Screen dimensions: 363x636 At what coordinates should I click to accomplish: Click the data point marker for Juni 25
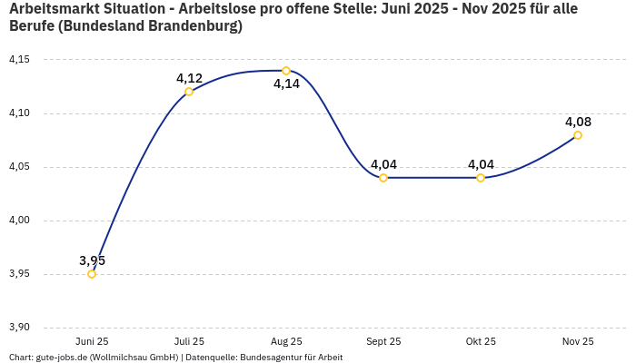tap(92, 274)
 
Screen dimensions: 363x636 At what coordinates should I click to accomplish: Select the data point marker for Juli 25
tap(189, 92)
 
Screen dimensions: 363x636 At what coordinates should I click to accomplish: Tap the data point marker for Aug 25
tap(286, 71)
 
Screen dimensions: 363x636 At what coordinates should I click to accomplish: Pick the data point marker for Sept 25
tap(383, 178)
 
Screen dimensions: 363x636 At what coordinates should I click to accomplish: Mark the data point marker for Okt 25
tap(481, 178)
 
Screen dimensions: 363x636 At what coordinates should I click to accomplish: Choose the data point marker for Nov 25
tap(578, 135)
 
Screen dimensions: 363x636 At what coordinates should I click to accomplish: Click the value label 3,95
tap(92, 260)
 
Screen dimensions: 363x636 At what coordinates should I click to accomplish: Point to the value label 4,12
tap(189, 78)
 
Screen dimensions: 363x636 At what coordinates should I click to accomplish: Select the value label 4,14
tap(286, 84)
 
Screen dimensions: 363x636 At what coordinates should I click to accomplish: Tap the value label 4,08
tap(578, 122)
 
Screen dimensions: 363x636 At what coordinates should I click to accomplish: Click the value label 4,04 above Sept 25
tap(383, 164)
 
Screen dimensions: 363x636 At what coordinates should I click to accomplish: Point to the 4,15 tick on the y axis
tap(19, 60)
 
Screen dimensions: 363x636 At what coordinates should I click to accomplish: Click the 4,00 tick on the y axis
tap(19, 221)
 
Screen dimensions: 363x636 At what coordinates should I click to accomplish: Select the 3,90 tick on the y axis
tap(19, 328)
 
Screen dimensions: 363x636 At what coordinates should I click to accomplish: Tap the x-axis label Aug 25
tap(286, 341)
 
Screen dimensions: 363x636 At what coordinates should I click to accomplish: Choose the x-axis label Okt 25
tap(481, 341)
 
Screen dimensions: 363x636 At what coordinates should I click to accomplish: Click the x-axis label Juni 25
tap(92, 341)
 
